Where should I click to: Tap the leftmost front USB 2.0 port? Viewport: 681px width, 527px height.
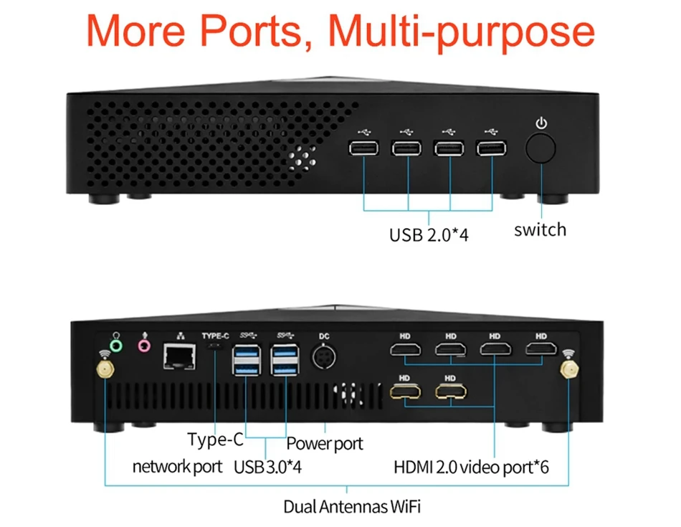click(364, 149)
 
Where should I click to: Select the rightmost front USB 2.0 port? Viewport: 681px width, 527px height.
click(492, 149)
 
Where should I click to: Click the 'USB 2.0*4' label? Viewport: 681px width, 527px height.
click(429, 234)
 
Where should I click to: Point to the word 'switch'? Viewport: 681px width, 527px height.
click(540, 229)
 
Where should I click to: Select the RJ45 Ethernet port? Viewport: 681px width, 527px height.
click(180, 356)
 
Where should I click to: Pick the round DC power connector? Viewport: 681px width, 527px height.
click(325, 356)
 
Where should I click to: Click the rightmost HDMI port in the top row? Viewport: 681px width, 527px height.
click(541, 349)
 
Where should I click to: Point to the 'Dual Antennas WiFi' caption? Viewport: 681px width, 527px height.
click(352, 506)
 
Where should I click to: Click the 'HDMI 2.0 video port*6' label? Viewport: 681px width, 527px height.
click(471, 467)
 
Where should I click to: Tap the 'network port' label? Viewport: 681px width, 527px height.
click(177, 467)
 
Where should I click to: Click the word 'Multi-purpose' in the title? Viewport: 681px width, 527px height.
click(458, 32)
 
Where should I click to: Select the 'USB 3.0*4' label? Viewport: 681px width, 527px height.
click(268, 467)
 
